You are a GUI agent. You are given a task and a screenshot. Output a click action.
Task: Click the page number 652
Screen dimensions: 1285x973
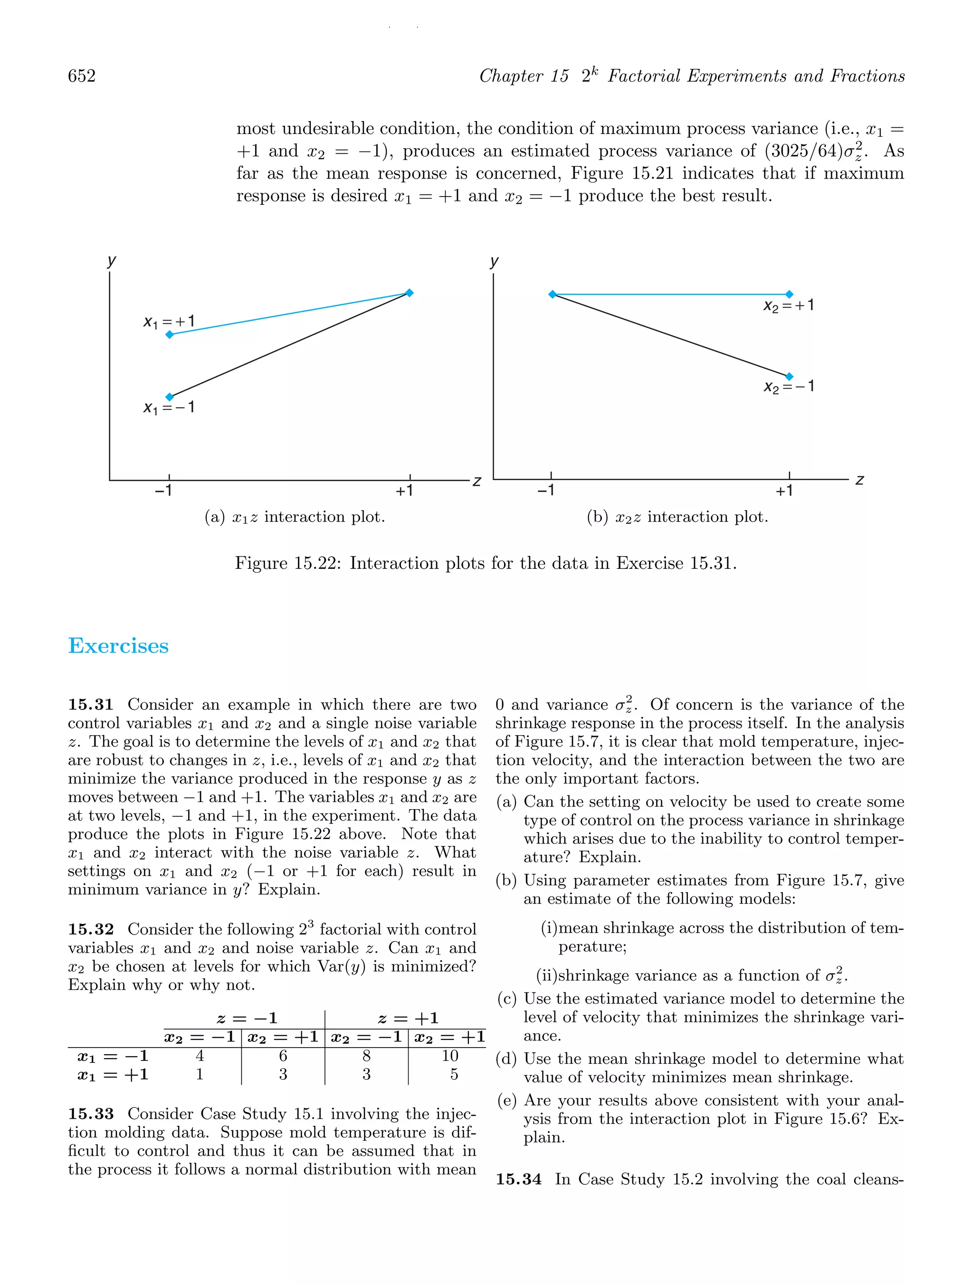click(82, 76)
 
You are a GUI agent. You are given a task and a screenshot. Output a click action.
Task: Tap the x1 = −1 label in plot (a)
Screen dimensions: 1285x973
click(169, 408)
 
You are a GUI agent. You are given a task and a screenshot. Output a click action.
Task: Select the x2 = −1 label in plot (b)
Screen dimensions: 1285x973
click(788, 387)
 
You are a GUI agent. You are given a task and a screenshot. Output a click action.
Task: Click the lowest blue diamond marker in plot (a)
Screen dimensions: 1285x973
click(170, 397)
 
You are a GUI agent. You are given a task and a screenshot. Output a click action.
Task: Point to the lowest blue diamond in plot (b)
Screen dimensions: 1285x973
click(789, 377)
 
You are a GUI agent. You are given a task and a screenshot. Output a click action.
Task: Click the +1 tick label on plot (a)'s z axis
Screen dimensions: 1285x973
click(404, 491)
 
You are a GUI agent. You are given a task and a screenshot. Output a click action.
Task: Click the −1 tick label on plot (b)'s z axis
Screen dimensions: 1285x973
click(545, 491)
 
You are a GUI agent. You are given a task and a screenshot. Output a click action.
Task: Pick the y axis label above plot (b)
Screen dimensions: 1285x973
click(494, 261)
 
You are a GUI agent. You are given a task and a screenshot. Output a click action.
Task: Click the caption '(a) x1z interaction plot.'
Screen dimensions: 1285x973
click(295, 517)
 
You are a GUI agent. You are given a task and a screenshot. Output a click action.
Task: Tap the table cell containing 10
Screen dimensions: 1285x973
click(450, 1056)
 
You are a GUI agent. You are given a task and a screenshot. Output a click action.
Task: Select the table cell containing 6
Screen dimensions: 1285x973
click(283, 1056)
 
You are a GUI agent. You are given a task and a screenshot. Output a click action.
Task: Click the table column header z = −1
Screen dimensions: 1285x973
click(247, 1018)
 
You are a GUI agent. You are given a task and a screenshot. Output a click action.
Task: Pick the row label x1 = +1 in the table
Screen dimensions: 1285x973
click(113, 1074)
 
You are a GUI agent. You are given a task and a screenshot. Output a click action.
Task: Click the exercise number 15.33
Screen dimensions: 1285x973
click(91, 1114)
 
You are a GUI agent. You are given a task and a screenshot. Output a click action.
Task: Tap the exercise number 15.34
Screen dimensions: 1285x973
click(518, 1179)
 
